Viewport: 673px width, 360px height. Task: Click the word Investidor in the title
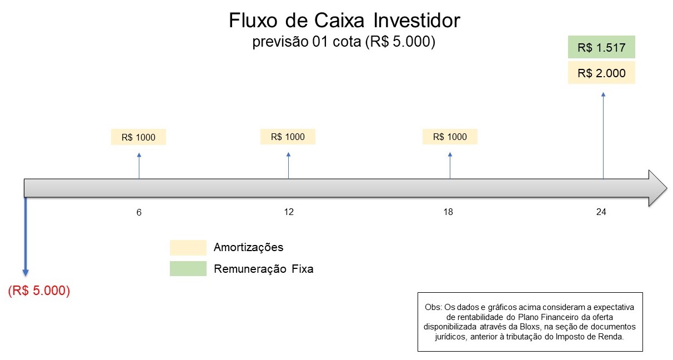(x=416, y=21)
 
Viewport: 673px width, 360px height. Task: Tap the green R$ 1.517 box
(x=601, y=47)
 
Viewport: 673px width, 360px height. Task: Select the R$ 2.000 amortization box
(x=601, y=73)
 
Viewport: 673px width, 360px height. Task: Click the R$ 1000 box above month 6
(x=138, y=137)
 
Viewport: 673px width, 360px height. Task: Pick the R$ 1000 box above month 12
(x=288, y=137)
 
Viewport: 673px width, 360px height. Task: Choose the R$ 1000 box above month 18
(x=450, y=137)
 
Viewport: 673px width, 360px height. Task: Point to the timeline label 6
(x=139, y=212)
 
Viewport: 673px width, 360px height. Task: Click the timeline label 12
(x=289, y=212)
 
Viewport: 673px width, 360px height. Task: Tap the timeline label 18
(x=448, y=212)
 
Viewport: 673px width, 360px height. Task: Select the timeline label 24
(x=601, y=212)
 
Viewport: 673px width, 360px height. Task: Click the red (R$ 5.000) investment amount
(x=39, y=291)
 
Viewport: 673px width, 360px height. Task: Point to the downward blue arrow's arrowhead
(x=26, y=273)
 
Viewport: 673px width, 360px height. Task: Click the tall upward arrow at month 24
(x=603, y=136)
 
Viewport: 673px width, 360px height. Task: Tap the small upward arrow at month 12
(x=288, y=166)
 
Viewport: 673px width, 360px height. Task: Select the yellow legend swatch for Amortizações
(x=188, y=248)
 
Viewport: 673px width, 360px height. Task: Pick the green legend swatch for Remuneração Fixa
(x=188, y=268)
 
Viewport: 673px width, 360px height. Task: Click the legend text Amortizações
(x=248, y=247)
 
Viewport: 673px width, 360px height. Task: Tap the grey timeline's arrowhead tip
(x=667, y=188)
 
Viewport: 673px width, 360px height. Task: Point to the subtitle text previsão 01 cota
(x=307, y=42)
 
